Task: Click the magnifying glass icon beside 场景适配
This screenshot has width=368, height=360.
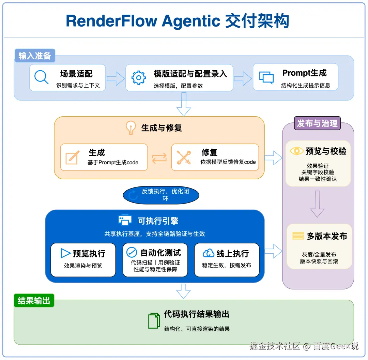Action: [41, 77]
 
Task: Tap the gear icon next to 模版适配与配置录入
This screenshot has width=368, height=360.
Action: [138, 78]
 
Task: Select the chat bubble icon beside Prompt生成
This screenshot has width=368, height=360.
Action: [266, 77]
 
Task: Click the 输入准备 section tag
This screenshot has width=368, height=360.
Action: [35, 56]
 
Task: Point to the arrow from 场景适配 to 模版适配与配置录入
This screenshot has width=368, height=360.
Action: [116, 78]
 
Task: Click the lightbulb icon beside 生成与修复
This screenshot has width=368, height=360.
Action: [131, 127]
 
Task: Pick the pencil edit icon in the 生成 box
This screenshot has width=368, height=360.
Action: [72, 157]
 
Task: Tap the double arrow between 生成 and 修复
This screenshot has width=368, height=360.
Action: [159, 158]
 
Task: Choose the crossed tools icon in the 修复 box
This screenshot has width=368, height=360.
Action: [184, 157]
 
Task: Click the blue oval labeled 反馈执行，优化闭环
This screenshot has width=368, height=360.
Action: [161, 195]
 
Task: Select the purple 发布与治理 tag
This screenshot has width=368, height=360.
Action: [317, 123]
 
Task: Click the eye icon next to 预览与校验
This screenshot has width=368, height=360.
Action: [297, 151]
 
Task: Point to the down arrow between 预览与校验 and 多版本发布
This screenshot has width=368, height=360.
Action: [317, 204]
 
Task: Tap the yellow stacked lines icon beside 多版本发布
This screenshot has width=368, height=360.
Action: [298, 236]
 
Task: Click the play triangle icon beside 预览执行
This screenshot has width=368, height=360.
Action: [65, 253]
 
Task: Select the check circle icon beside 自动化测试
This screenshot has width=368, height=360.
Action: [132, 253]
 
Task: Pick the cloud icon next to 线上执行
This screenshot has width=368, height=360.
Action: [209, 253]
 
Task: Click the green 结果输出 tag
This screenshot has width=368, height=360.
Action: [34, 300]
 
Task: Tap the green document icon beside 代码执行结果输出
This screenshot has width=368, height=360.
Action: [154, 320]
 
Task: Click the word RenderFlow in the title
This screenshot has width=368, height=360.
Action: [111, 21]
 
